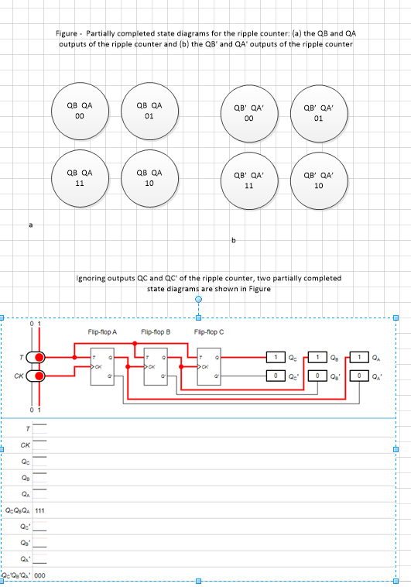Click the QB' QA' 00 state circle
[x=248, y=115]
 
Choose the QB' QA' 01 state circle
[x=318, y=115]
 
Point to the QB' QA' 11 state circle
[x=248, y=181]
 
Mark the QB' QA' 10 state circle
[x=318, y=181]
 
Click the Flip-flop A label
[x=102, y=331]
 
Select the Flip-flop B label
[x=155, y=331]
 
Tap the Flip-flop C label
[x=209, y=331]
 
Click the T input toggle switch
[x=36, y=357]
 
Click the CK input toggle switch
[x=36, y=376]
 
